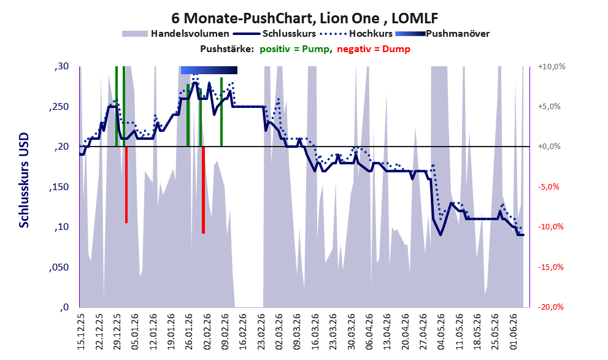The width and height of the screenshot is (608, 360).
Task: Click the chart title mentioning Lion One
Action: tap(305, 18)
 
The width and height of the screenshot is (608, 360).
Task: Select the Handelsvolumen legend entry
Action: tap(175, 34)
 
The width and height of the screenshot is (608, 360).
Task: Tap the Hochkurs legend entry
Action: tap(356, 34)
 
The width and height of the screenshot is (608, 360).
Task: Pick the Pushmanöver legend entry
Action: tap(442, 34)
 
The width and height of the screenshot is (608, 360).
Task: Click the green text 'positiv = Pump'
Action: tap(294, 49)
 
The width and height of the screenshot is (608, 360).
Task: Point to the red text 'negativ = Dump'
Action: tap(374, 49)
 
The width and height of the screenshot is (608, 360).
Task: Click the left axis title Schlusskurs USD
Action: tap(24, 180)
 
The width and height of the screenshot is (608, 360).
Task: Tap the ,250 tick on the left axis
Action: tap(59, 107)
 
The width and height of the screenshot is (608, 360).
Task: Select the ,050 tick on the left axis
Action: tap(59, 267)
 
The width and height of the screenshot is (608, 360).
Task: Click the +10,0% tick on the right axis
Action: tap(552, 66)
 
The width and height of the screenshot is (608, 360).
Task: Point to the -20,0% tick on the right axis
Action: tap(551, 307)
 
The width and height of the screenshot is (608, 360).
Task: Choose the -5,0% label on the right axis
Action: tap(549, 187)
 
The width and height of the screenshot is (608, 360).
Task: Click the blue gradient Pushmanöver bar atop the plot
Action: tap(209, 70)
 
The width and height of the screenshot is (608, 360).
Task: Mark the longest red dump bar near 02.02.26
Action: tap(203, 190)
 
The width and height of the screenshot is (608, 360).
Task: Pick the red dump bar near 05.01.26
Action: tap(126, 185)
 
